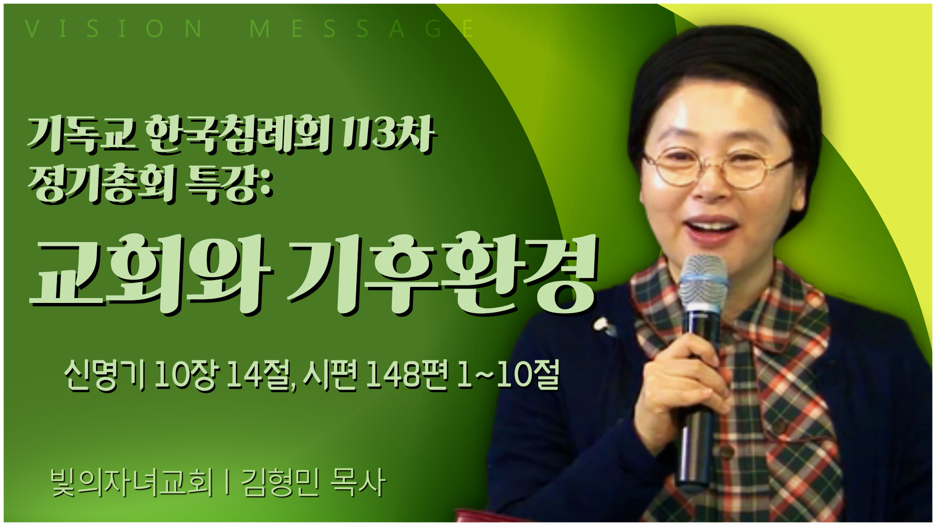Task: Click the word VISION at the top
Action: pyautogui.click(x=113, y=28)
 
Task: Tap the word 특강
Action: pyautogui.click(x=230, y=184)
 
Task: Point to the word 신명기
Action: pyautogui.click(x=105, y=375)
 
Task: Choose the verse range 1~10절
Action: pyautogui.click(x=508, y=375)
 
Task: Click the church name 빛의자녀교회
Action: pyautogui.click(x=132, y=483)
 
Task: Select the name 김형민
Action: pyautogui.click(x=280, y=483)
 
